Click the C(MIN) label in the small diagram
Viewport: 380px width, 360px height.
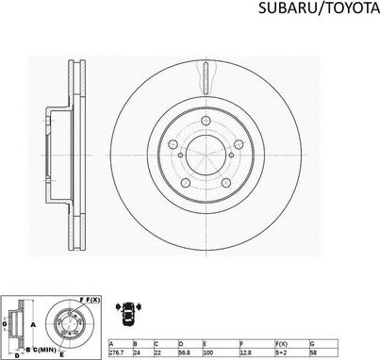click(x=43, y=350)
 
